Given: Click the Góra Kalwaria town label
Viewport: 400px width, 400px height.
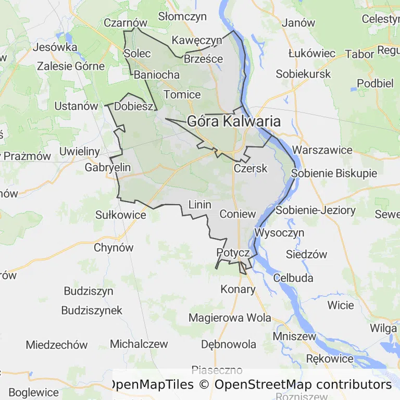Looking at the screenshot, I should [234, 121].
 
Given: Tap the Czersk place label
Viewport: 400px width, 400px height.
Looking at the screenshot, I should [251, 168].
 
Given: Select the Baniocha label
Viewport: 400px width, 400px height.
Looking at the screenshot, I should [157, 74].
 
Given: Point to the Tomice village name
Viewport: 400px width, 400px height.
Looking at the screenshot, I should [182, 94].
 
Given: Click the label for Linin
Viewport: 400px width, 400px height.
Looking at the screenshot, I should [199, 204].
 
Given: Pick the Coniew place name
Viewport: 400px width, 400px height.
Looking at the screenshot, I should [238, 214].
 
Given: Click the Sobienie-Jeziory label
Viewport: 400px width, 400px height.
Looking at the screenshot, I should [316, 210].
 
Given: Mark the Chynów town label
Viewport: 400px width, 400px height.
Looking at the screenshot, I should [114, 248].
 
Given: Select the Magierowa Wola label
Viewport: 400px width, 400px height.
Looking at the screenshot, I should [230, 317].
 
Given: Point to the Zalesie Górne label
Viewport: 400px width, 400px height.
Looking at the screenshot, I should [71, 66].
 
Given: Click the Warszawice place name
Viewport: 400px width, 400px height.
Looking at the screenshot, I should [322, 150].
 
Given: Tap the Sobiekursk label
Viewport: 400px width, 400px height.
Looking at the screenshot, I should [303, 74].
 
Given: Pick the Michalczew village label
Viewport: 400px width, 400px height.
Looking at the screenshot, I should [139, 344].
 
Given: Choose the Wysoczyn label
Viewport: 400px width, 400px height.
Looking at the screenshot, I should [280, 232].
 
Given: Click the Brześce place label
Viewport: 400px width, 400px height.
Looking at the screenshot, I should [204, 59].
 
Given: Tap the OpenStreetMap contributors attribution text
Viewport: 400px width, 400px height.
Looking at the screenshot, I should [303, 384].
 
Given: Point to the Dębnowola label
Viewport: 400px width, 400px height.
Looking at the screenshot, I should [229, 344].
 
